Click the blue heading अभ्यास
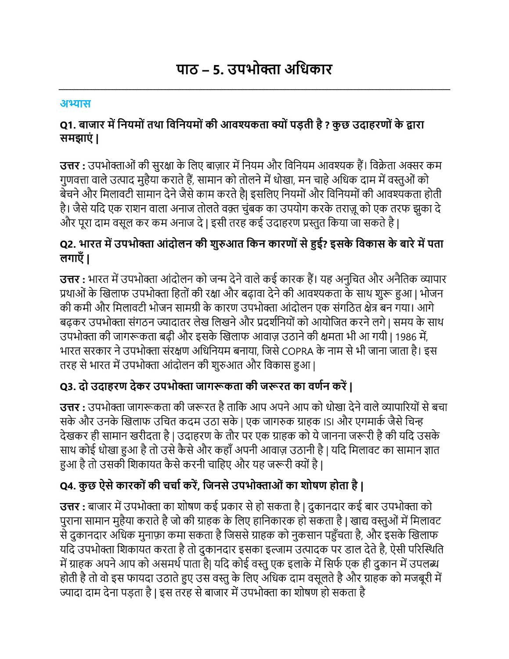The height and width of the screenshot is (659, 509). (75, 104)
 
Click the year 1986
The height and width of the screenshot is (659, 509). (405, 337)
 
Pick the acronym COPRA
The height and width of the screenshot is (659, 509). (297, 351)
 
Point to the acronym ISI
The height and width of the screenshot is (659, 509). (329, 422)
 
